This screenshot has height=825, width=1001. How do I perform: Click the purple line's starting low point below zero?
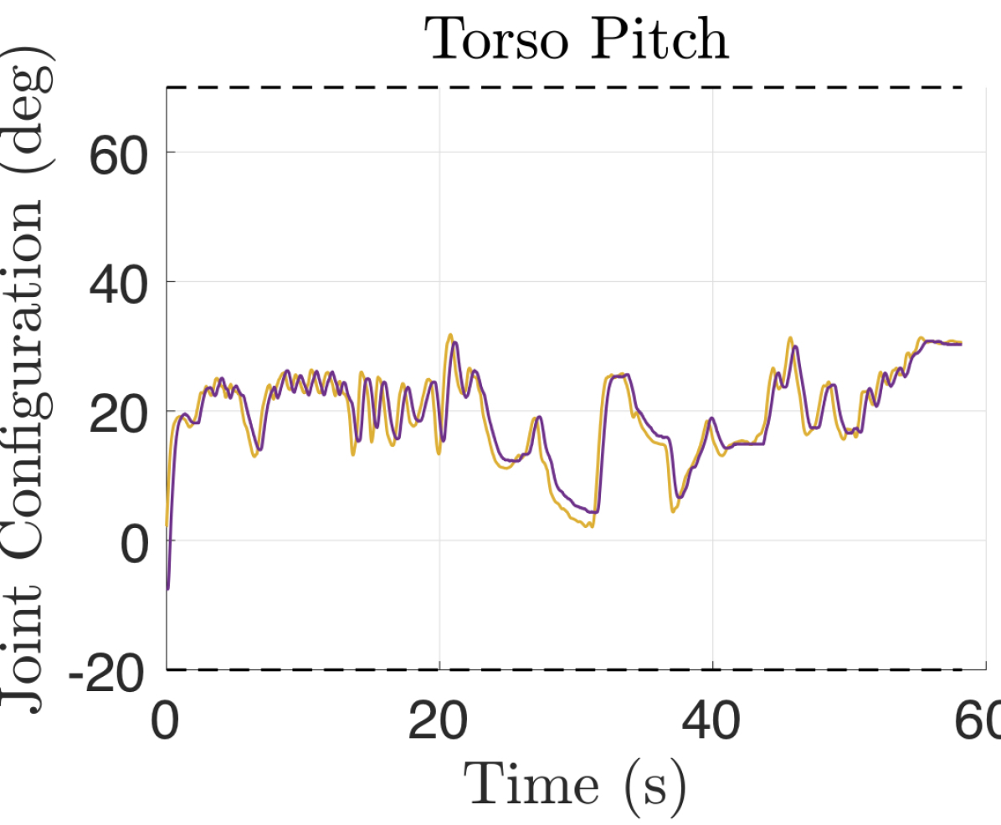[x=168, y=588]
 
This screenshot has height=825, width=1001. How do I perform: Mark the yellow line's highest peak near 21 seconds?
[x=450, y=335]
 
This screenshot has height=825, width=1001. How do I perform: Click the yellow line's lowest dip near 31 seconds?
[x=590, y=526]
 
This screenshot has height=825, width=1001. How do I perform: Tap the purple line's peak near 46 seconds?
[x=794, y=346]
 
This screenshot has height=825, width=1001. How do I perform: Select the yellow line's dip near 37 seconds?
[x=673, y=511]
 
